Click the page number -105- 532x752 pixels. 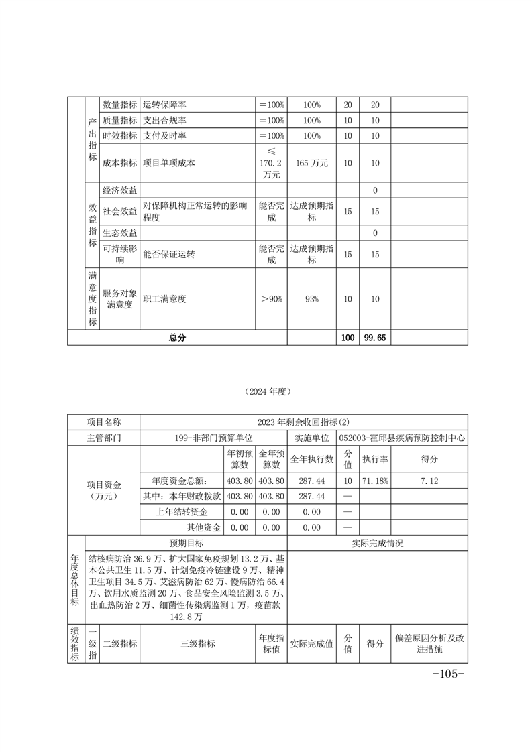click(x=449, y=674)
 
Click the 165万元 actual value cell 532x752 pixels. click(x=312, y=163)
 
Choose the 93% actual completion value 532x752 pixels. click(x=312, y=299)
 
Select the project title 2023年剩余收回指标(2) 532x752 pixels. click(x=304, y=422)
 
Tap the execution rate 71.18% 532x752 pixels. click(x=375, y=481)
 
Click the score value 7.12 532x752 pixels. click(x=429, y=481)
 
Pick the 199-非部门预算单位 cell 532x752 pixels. click(x=213, y=437)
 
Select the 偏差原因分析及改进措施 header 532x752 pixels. click(x=429, y=644)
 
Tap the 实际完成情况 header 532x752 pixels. click(x=377, y=543)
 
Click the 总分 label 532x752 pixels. click(x=177, y=338)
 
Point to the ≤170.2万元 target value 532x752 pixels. click(x=272, y=163)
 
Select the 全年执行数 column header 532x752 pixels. click(x=312, y=459)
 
